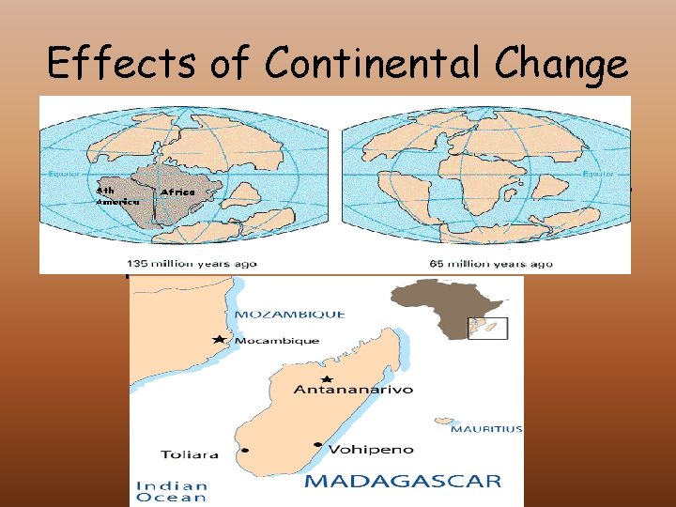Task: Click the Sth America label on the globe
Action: [x=116, y=194]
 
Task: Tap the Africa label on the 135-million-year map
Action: [x=177, y=192]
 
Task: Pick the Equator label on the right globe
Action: [x=600, y=174]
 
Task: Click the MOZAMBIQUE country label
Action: [x=289, y=314]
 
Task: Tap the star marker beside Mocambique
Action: [x=219, y=339]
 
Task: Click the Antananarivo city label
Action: [x=352, y=389]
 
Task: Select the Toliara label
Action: [x=191, y=454]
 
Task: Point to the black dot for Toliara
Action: [x=246, y=451]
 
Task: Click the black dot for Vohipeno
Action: [x=317, y=444]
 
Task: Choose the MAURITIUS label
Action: [x=486, y=429]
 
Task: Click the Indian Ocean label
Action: [x=172, y=491]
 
